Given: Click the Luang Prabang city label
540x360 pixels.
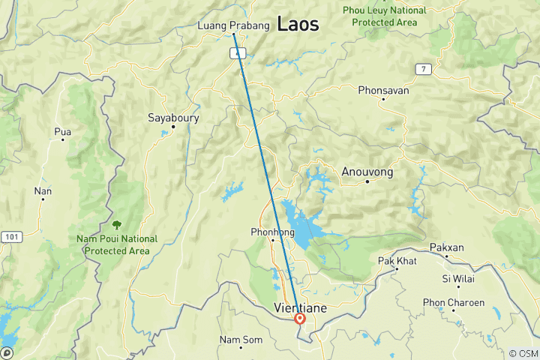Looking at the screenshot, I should (233, 26).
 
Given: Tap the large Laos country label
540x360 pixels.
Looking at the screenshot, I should (298, 24).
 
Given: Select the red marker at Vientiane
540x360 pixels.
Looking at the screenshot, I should (300, 319).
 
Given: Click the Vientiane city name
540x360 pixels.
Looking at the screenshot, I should (299, 307).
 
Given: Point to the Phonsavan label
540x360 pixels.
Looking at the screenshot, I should (383, 90).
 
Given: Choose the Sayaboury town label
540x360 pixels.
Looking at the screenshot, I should (172, 118).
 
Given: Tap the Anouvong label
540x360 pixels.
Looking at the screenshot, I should (367, 172).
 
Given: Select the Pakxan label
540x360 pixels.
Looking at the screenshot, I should (447, 247).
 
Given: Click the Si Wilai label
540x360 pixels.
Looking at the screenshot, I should (457, 278).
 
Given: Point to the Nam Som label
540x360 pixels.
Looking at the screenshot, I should (241, 340).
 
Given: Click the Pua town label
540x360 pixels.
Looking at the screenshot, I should (63, 132).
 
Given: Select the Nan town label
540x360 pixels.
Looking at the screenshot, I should (43, 191).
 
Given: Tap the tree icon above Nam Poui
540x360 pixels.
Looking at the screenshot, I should (116, 223).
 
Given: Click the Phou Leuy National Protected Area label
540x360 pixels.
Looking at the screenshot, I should (384, 16).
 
